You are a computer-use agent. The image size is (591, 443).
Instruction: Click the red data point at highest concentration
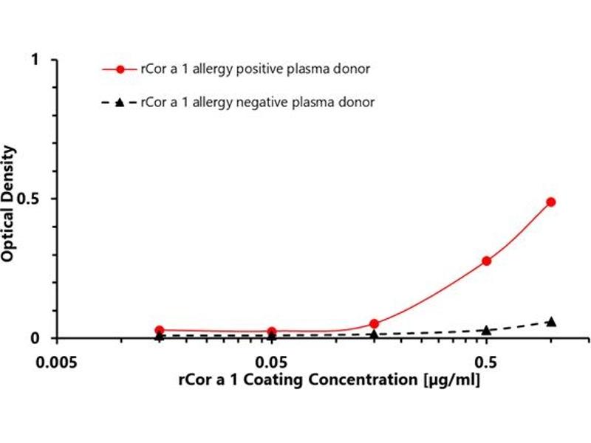point(550,202)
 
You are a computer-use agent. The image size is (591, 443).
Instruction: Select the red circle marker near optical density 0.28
point(486,261)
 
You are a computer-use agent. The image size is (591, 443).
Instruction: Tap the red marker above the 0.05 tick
point(272,332)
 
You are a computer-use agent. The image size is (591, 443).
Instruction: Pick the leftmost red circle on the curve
point(159,330)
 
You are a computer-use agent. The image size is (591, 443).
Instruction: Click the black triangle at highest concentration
point(550,321)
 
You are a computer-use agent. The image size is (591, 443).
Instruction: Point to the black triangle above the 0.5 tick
point(486,329)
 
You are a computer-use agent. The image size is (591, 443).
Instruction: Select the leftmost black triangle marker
point(159,335)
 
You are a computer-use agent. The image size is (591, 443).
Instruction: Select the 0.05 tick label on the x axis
point(272,363)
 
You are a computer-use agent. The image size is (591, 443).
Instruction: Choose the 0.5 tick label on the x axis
point(485,363)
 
